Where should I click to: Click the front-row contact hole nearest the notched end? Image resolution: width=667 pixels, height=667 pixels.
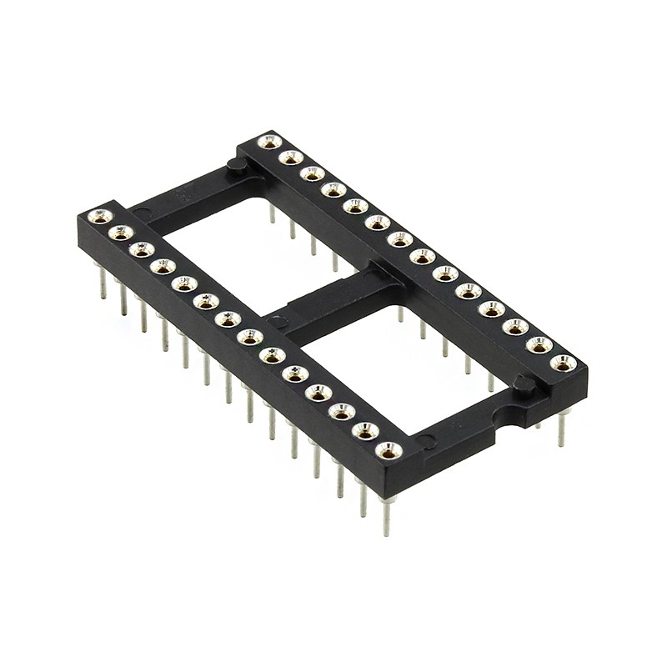tap(389, 450)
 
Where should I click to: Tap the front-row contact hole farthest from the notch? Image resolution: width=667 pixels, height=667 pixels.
tap(100, 217)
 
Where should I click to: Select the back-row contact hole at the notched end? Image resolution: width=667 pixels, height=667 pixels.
tap(564, 363)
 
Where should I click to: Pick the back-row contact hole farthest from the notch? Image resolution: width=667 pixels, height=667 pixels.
tap(268, 142)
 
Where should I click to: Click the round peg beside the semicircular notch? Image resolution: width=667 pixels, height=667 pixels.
tap(524, 385)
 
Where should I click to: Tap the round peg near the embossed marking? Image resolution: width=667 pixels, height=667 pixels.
tap(236, 166)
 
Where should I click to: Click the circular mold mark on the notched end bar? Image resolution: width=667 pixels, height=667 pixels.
tap(426, 441)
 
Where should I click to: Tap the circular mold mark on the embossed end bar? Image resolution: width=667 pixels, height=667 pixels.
tap(143, 213)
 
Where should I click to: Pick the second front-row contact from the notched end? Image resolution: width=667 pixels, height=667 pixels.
tap(365, 430)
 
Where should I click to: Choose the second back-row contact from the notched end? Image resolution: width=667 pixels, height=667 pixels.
tap(539, 344)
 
